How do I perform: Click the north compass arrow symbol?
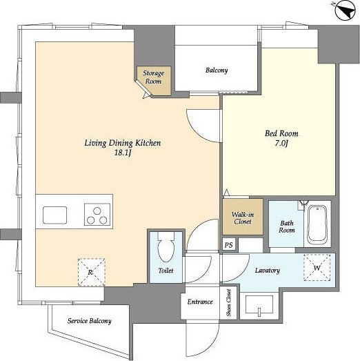click(x=346, y=11)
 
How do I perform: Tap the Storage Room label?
click(x=153, y=77)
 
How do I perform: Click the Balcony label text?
click(x=217, y=70)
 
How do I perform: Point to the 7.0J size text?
click(x=281, y=144)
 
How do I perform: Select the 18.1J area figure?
click(x=123, y=153)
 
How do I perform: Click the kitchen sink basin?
click(x=54, y=215)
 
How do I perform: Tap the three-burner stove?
click(x=97, y=215)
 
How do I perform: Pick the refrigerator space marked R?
click(x=91, y=273)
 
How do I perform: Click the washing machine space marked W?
click(x=317, y=268)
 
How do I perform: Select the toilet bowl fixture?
click(x=166, y=247)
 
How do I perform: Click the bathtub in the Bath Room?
click(x=317, y=225)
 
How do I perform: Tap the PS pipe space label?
click(x=228, y=245)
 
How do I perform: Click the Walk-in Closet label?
click(x=243, y=218)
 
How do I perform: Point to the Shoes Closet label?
click(x=228, y=302)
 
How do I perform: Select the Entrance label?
click(x=200, y=302)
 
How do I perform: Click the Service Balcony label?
click(x=90, y=321)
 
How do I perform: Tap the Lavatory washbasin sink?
click(x=259, y=304)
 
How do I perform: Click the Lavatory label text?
click(x=268, y=271)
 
